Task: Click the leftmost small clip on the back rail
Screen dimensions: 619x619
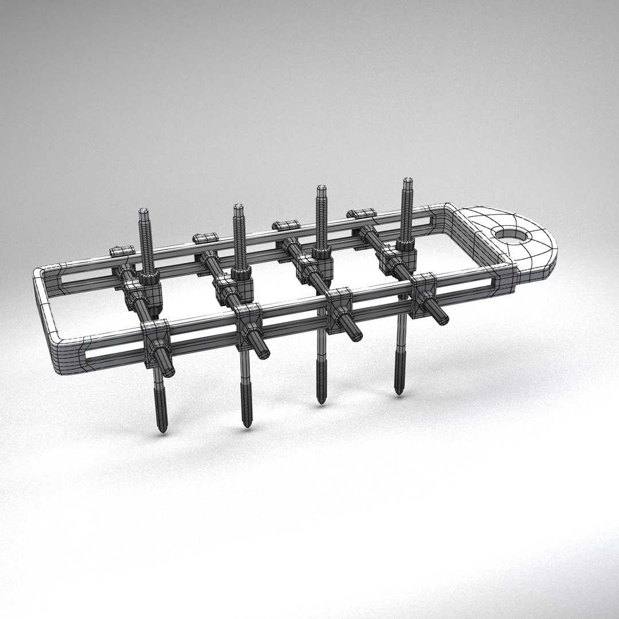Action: tap(122, 250)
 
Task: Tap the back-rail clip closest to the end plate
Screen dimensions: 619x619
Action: tap(361, 214)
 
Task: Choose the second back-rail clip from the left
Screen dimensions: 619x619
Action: tap(206, 237)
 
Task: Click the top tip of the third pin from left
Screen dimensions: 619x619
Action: tap(322, 188)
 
